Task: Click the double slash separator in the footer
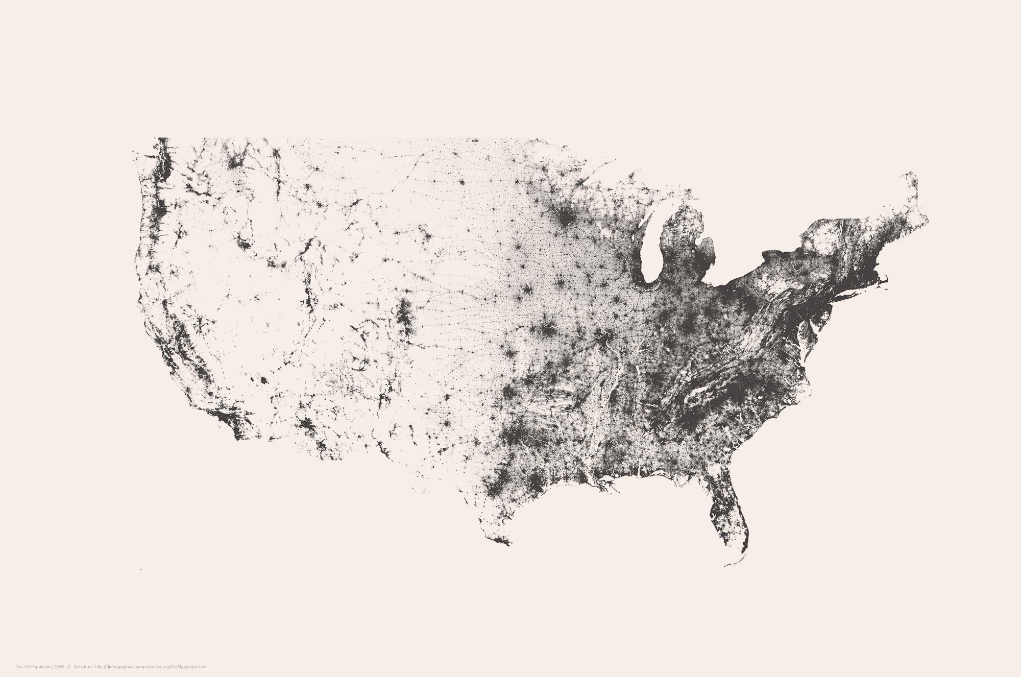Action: point(68,667)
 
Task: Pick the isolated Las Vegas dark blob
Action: point(263,380)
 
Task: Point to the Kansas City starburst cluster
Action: point(546,332)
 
